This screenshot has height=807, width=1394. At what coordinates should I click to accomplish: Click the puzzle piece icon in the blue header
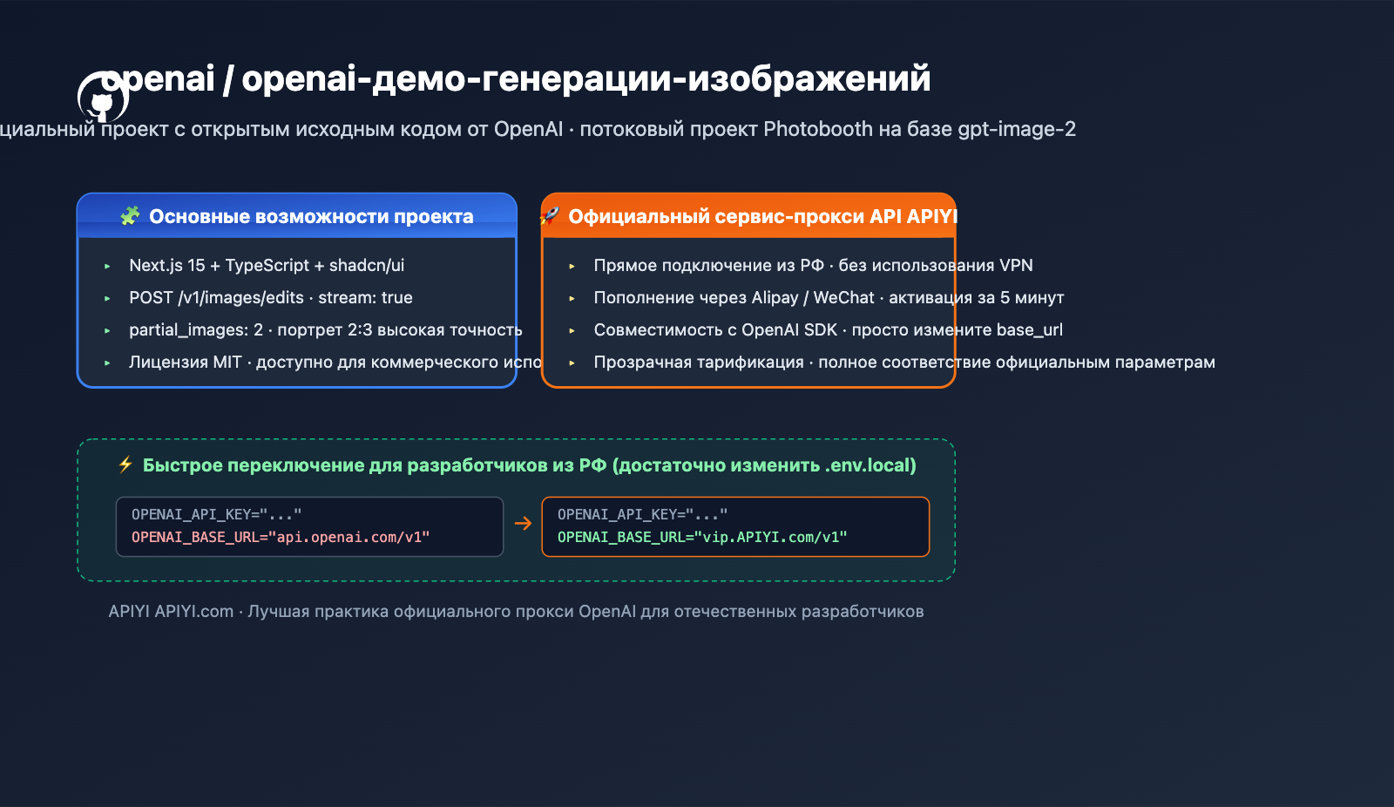(x=130, y=216)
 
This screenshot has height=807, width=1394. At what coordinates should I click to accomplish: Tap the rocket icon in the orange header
(x=550, y=215)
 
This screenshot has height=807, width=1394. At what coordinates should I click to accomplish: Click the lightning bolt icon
(x=125, y=465)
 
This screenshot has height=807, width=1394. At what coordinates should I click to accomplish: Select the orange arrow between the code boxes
(x=523, y=523)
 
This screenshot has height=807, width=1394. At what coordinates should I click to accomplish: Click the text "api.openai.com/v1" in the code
(x=353, y=538)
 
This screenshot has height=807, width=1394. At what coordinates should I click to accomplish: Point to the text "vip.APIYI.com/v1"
(x=775, y=538)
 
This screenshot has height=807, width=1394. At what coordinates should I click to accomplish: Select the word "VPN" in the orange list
(x=1016, y=266)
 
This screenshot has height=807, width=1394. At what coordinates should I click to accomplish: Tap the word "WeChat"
(x=843, y=298)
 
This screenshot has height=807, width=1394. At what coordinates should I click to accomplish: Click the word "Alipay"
(x=775, y=298)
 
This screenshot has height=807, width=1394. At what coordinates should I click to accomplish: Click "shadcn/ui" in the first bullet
(x=367, y=266)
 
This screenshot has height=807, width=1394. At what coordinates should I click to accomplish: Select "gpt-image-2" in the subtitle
(x=1017, y=129)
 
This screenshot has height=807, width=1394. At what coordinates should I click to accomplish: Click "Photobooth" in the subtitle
(x=818, y=129)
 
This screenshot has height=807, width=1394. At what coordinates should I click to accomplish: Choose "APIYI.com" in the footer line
(x=194, y=612)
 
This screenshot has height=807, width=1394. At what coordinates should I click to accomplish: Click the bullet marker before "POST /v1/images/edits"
(x=107, y=298)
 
